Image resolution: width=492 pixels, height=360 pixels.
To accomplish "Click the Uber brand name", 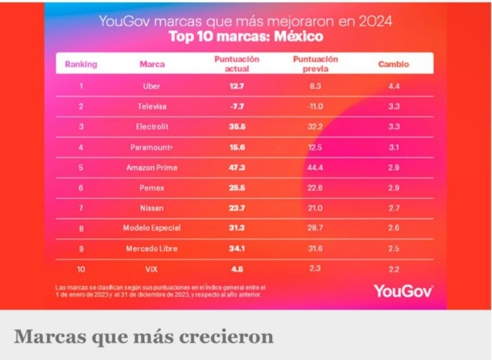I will click(151, 86).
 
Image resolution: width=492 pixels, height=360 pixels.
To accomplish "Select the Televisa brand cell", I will click(152, 106).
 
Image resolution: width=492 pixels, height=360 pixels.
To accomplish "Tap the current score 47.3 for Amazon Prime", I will click(236, 168).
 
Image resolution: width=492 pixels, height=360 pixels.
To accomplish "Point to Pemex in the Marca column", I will click(152, 188).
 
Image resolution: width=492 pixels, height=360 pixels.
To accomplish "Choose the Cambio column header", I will click(393, 64).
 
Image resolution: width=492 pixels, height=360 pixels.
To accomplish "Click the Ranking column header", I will click(81, 64).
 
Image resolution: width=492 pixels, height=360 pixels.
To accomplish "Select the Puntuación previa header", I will click(315, 64).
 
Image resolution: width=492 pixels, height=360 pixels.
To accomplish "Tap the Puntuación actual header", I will click(237, 63).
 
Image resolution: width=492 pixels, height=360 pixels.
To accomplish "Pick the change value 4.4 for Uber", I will click(394, 86).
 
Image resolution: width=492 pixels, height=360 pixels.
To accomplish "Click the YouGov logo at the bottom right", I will click(403, 290).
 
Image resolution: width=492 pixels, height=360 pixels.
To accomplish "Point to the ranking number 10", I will click(81, 269).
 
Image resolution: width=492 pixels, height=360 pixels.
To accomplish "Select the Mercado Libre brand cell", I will click(152, 248).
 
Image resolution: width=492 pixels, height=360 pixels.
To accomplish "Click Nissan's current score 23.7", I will click(236, 209).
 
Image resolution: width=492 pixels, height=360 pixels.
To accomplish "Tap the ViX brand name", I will click(152, 269).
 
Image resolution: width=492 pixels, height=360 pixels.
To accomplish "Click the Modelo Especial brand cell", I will click(152, 228).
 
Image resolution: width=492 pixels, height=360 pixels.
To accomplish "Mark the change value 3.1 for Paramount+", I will click(394, 147).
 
